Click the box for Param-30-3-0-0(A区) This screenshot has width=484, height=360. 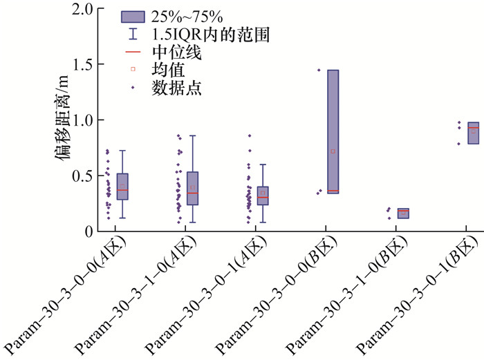pos(122,187)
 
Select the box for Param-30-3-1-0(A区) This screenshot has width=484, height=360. pos(192,188)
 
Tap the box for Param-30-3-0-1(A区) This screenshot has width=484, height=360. pos(263,196)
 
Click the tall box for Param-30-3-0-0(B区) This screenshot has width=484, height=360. pos(333,131)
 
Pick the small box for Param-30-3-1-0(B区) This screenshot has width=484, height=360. pos(403,213)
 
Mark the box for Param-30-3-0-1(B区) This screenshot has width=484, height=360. pos(473,133)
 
